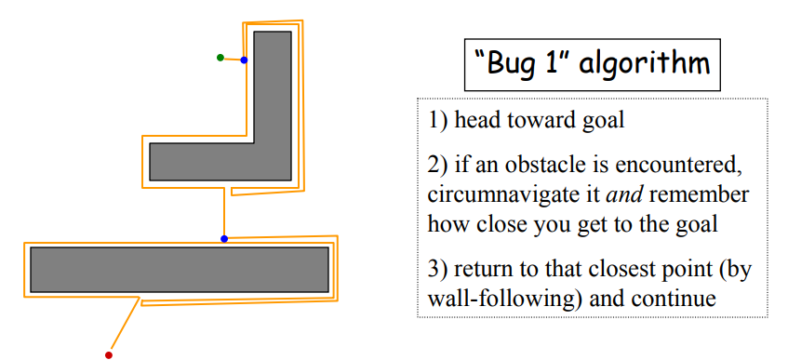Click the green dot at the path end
click(220, 58)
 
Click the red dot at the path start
click(109, 354)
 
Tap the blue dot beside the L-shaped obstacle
click(244, 60)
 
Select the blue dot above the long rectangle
click(223, 239)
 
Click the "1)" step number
click(438, 121)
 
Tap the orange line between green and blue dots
click(232, 60)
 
